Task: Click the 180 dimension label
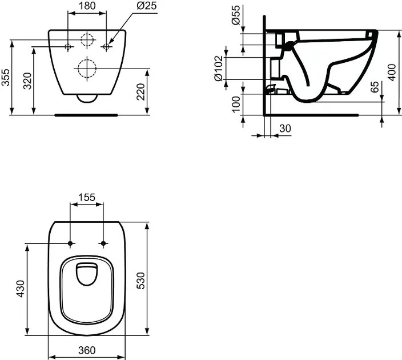tap(87, 6)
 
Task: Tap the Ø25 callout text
tap(146, 6)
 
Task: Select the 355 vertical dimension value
tap(6, 77)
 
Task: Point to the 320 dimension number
tap(27, 81)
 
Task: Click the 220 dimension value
tap(140, 91)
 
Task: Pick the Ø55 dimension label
tap(236, 15)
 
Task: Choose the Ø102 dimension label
tap(219, 68)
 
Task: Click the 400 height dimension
tap(391, 73)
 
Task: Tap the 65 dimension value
tap(375, 87)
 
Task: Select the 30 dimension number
tap(285, 129)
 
